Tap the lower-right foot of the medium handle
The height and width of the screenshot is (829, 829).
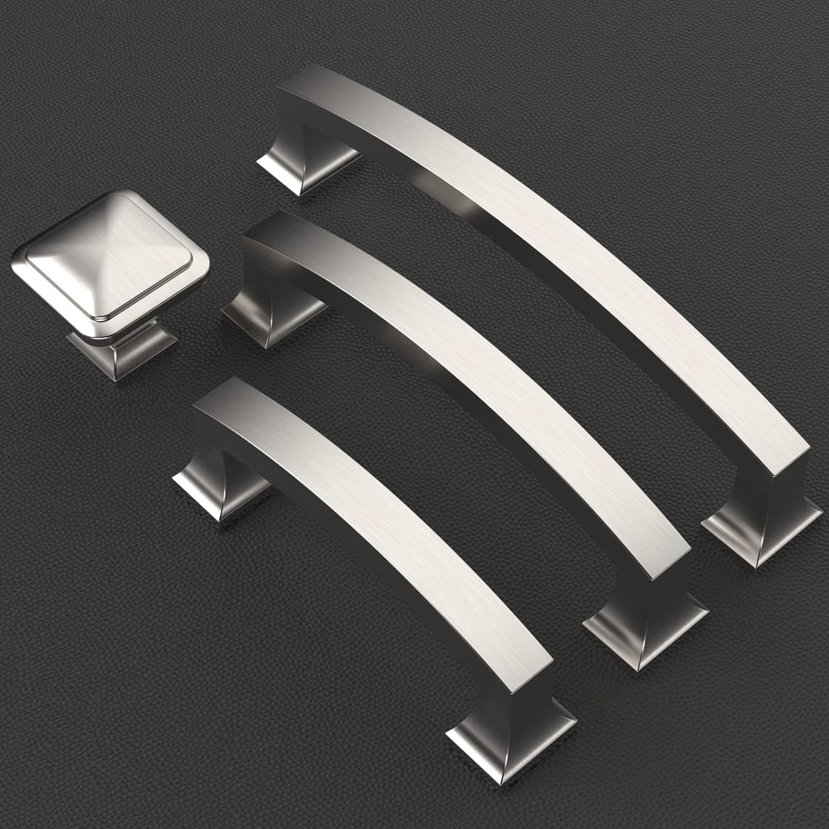pyautogui.click(x=644, y=631)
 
